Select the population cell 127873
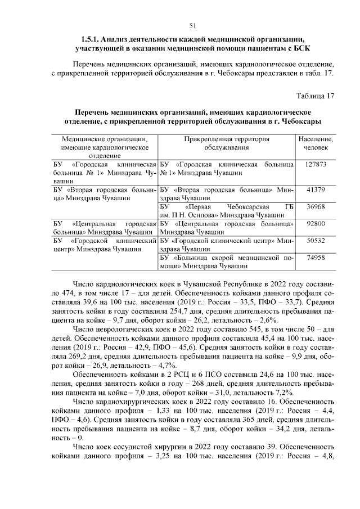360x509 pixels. pyautogui.click(x=315, y=164)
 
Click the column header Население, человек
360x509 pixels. pyautogui.click(x=315, y=143)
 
